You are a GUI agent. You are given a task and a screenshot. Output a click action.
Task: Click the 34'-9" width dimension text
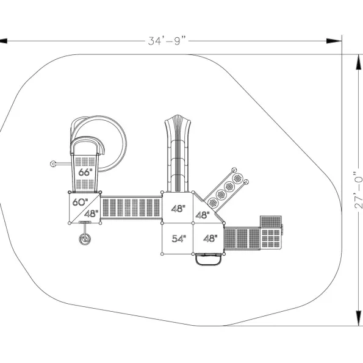167,41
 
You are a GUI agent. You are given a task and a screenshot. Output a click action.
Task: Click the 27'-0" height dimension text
358,190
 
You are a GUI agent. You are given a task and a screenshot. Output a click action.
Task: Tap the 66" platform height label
85,172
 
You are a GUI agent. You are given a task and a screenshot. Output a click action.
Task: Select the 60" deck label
80,202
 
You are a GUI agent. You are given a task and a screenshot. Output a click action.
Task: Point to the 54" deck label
179,239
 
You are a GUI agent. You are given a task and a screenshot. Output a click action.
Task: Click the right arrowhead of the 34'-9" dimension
334,41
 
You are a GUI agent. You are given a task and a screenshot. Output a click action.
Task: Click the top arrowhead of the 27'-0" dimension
358,62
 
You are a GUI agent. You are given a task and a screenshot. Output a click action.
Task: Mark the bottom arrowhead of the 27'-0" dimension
358,318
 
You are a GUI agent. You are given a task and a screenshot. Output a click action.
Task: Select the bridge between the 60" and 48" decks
131,207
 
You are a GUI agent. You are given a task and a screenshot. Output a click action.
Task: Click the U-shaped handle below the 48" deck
209,261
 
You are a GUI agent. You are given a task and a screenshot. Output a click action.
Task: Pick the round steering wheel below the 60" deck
85,239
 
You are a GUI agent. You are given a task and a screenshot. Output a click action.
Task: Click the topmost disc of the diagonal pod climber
238,178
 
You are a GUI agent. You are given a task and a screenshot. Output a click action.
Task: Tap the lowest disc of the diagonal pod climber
213,203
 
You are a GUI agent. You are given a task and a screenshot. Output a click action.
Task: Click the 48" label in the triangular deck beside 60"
92,214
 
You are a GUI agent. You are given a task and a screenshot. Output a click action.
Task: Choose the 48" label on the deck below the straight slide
178,209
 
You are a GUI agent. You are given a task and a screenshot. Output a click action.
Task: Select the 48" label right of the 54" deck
210,239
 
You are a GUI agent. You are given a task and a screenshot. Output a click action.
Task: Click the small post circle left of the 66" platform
53,164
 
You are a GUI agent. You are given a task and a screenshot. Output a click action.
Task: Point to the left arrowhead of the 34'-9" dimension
4,41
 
